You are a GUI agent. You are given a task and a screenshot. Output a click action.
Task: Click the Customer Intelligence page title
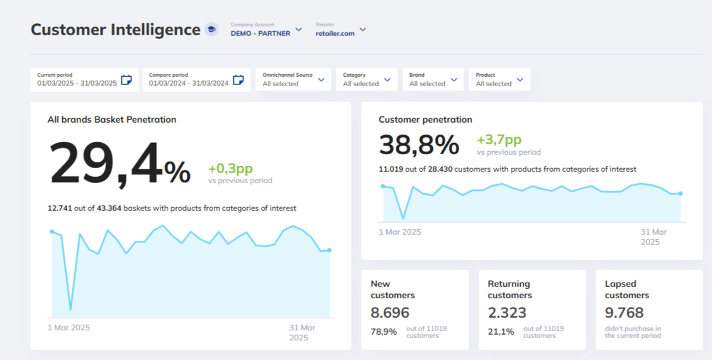click(115, 30)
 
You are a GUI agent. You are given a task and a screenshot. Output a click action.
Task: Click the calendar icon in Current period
click(126, 80)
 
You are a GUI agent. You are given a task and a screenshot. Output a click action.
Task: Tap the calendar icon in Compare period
click(238, 80)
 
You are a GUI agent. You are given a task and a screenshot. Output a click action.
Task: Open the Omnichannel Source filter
click(293, 79)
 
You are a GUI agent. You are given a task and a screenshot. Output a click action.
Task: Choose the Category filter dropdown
click(367, 79)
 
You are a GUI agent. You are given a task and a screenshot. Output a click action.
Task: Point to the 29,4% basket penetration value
click(120, 164)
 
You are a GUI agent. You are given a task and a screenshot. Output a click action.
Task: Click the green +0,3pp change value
click(230, 169)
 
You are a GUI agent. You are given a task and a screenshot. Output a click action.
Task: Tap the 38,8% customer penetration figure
click(419, 145)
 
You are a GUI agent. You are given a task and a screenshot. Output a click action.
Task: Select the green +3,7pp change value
click(499, 140)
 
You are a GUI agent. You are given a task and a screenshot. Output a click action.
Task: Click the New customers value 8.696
click(390, 313)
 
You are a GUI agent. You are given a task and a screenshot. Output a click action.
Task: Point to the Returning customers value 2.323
click(507, 313)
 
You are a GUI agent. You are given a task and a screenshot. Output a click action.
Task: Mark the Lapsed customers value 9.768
click(624, 313)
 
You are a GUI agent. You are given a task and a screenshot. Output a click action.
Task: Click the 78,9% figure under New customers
click(384, 331)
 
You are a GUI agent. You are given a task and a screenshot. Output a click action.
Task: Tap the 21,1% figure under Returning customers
click(501, 331)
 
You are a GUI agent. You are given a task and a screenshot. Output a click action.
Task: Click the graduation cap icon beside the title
click(211, 30)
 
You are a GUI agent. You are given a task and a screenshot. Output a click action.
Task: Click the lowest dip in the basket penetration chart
click(70, 310)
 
